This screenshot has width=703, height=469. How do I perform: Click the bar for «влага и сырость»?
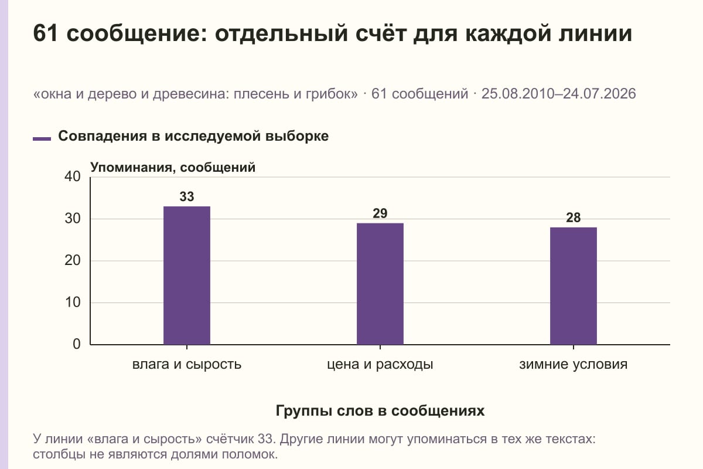click(187, 276)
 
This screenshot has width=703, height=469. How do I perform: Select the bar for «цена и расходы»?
click(380, 284)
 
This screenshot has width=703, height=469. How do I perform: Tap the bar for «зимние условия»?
click(574, 286)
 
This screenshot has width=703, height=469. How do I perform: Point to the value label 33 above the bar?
click(187, 196)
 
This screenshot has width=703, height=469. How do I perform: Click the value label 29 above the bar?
click(380, 213)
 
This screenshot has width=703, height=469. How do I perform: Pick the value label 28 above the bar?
click(574, 217)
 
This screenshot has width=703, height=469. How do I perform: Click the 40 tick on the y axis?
click(73, 176)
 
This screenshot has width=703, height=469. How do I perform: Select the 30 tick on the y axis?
click(73, 219)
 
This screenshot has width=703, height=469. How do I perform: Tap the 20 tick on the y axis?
click(73, 260)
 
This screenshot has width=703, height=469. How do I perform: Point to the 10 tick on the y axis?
click(73, 303)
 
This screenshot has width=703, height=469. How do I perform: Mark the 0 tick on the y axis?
click(77, 344)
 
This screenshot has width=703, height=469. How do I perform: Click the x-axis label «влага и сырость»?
click(187, 365)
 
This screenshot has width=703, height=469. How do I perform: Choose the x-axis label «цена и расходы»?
click(380, 365)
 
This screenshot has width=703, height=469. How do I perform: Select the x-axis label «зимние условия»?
click(574, 365)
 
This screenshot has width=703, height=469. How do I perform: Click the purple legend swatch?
click(42, 139)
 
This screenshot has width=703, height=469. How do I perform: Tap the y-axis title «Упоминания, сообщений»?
click(173, 168)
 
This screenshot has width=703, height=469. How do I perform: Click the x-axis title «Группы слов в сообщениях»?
click(380, 410)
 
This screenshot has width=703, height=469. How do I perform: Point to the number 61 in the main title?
click(46, 33)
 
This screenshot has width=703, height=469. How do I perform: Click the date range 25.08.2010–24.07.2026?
click(559, 94)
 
